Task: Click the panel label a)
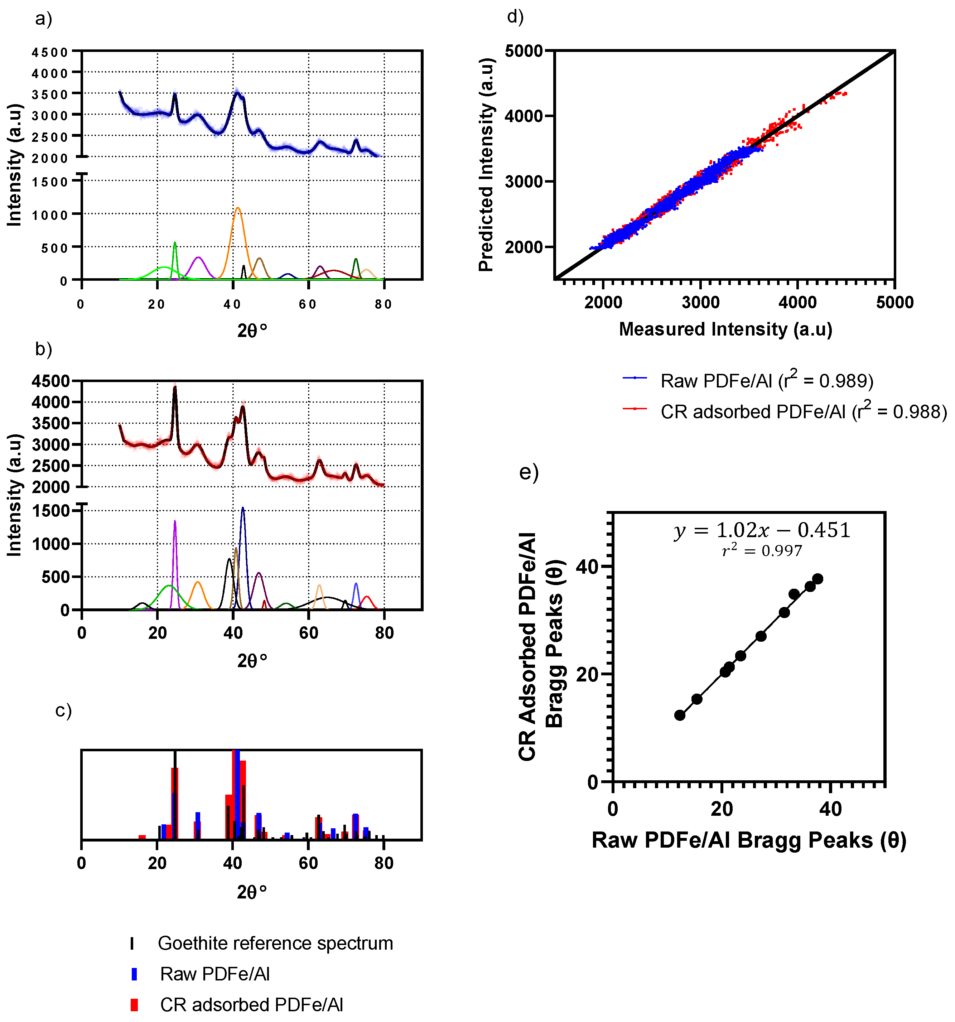click(44, 19)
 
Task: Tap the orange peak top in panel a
click(237, 208)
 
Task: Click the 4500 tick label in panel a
click(50, 52)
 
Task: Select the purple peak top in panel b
click(175, 521)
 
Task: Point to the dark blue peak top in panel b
click(243, 508)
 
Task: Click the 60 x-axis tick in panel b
click(308, 633)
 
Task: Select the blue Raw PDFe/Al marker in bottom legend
click(134, 974)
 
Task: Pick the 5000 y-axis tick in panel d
click(523, 51)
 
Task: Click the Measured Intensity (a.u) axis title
click(725, 329)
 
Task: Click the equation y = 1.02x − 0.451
click(762, 530)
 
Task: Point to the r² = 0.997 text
click(762, 551)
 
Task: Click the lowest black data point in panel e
click(680, 715)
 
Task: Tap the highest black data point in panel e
click(817, 579)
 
